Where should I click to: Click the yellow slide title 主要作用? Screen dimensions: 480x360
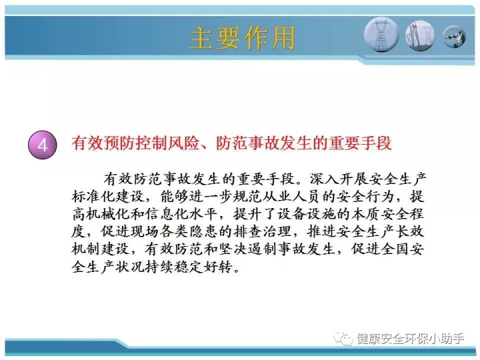pos(242,38)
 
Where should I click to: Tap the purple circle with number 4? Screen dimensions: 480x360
pos(43,145)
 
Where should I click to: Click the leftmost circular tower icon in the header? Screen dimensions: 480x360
pos(381,35)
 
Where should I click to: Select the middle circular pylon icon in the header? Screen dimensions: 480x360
pos(420,36)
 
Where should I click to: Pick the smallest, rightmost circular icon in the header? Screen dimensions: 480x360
pos(454,37)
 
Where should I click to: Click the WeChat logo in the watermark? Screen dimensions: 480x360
pos(343,339)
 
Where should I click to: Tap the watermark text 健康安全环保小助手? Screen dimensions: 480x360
pos(411,339)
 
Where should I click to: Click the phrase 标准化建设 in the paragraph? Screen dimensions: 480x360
pos(108,197)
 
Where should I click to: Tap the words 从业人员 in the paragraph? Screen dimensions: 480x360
pos(299,197)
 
